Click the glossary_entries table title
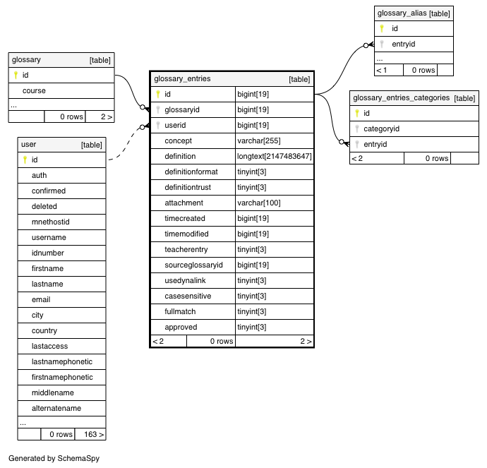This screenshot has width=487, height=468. pos(182,79)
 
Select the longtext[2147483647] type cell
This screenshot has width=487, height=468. pos(275,156)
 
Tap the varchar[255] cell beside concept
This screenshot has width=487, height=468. pos(259,140)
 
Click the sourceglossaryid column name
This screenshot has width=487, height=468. pos(193,265)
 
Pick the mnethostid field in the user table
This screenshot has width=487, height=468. pos(50,222)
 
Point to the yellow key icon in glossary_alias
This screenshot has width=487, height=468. pos(382,28)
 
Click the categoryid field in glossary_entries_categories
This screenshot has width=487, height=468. pos(381,128)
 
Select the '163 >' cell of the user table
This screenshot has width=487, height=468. pos(94,434)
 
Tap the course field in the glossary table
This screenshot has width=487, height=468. pos(34,90)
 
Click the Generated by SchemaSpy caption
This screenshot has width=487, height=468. pos(54,458)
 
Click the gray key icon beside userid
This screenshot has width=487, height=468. pos(158,125)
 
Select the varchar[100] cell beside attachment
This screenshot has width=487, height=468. pos(259,203)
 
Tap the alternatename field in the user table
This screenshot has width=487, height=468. pos(56,408)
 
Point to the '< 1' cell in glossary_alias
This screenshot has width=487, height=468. pos(381,70)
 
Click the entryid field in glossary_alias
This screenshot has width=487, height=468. pos(404,44)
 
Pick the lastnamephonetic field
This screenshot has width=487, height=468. pos(62,361)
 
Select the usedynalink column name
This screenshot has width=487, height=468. pos(185,280)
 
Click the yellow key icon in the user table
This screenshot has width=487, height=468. pos(25,160)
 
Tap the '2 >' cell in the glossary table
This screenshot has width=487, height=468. pos(107,116)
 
